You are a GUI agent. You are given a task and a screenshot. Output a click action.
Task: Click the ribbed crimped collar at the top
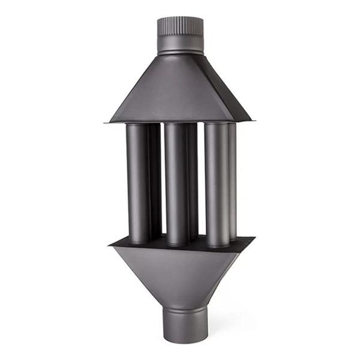(x=180, y=27)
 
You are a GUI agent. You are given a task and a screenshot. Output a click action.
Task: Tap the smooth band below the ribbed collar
(x=180, y=45)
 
